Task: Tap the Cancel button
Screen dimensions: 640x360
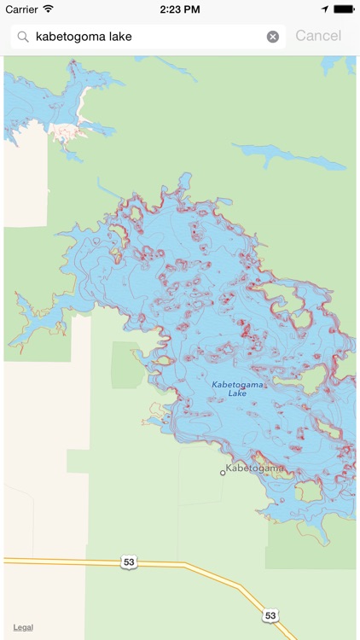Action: pos(317,36)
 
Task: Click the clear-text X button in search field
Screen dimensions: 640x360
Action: pos(273,37)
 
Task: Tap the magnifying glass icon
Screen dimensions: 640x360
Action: pos(22,37)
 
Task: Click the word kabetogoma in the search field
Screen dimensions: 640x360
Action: pos(70,37)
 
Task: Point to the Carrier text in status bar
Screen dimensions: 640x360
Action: pos(22,9)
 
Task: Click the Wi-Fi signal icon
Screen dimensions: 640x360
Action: pos(49,9)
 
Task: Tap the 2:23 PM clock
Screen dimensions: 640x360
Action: pos(179,9)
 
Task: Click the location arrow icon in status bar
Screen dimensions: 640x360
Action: pos(325,9)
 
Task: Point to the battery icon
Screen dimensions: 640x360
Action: pos(344,9)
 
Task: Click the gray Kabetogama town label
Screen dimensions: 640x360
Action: pos(255,468)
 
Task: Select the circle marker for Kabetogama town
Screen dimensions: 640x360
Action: pos(223,472)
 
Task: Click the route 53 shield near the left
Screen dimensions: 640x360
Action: pos(129,561)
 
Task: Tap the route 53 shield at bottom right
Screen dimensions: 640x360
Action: pos(270,614)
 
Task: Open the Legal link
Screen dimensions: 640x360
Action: pos(23,627)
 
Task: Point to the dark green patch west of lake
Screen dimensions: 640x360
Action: pos(128,365)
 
